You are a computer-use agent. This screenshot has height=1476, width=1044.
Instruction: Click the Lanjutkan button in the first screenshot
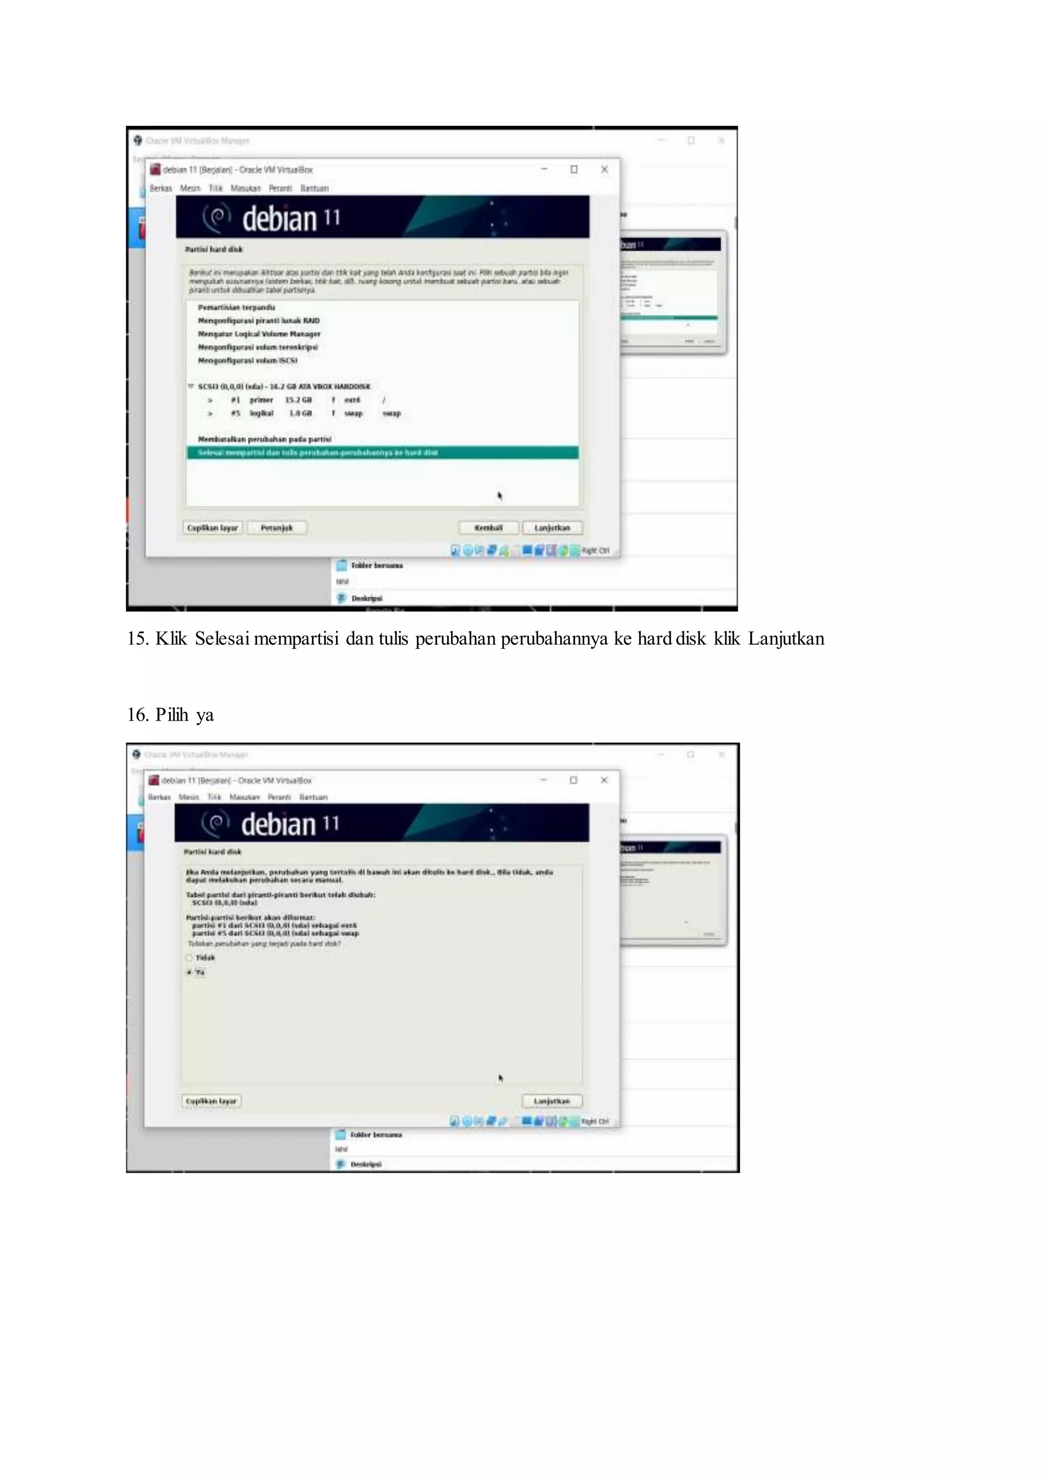click(552, 528)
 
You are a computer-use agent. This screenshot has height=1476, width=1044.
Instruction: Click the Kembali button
click(488, 528)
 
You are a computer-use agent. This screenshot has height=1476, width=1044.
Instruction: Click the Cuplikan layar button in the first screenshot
click(212, 528)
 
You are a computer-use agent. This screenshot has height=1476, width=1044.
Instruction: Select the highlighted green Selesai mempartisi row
click(382, 453)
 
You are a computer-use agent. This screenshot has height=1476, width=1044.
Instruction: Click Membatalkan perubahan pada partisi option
click(264, 439)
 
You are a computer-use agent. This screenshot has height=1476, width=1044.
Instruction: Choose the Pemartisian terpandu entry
click(236, 307)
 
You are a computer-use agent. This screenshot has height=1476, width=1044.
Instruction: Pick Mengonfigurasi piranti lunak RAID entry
click(258, 320)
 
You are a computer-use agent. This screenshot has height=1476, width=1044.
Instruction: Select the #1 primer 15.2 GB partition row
click(296, 400)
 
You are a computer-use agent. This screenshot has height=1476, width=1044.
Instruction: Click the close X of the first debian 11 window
click(604, 169)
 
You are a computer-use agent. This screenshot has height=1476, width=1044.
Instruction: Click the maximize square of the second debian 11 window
click(573, 780)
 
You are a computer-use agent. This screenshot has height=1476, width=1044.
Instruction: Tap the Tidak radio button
click(190, 958)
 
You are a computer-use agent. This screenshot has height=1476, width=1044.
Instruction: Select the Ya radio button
click(190, 972)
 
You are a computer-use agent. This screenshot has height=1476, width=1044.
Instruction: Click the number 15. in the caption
click(138, 638)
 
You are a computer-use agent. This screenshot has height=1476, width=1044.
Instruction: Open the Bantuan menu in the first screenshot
click(315, 189)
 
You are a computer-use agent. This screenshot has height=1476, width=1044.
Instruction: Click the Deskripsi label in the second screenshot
click(366, 1164)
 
